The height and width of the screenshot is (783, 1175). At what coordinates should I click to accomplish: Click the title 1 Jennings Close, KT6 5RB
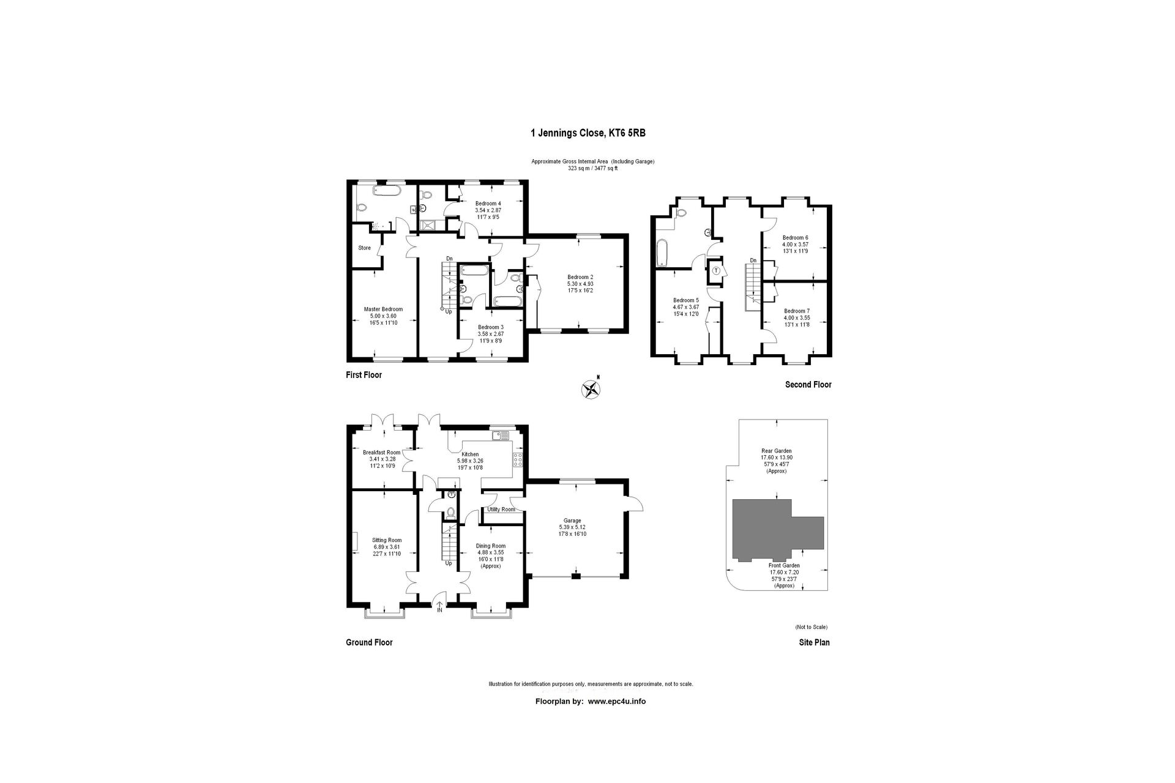(x=587, y=133)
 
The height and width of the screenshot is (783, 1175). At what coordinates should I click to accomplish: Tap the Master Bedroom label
(x=383, y=309)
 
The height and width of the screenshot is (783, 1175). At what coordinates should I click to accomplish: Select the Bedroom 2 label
(x=580, y=277)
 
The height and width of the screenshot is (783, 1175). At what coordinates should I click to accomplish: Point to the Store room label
(x=364, y=248)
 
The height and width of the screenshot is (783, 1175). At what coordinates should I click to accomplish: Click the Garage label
(x=572, y=521)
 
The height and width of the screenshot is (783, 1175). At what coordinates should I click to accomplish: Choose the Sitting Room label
(x=387, y=540)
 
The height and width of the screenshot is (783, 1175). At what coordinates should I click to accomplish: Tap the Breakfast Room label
(x=381, y=453)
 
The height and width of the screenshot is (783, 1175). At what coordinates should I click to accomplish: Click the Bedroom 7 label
(x=796, y=311)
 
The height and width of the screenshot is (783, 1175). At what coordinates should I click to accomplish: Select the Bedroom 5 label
(x=685, y=300)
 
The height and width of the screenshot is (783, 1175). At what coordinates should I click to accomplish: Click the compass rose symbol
(x=591, y=389)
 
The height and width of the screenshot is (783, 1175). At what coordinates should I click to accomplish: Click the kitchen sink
(x=501, y=436)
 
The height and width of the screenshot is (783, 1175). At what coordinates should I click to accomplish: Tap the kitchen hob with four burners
(x=518, y=460)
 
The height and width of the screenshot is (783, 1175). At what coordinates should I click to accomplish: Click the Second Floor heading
(x=808, y=385)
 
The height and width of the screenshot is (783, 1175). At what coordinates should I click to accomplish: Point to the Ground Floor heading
(x=369, y=642)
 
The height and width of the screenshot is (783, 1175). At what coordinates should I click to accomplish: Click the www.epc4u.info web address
(x=617, y=702)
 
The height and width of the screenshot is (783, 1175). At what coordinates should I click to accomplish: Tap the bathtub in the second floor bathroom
(x=662, y=253)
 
